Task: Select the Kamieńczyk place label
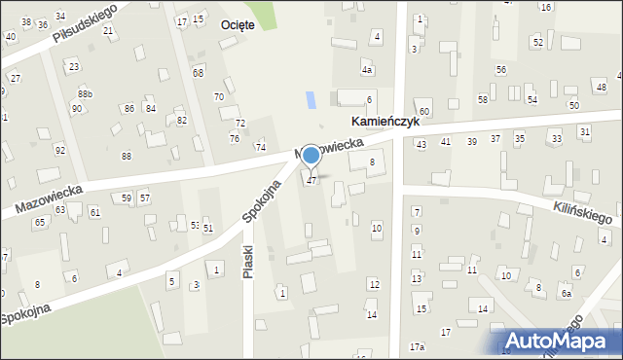385,123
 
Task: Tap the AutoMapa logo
562,341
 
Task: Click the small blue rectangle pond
311,99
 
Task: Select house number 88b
86,93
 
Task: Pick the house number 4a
367,70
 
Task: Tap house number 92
60,150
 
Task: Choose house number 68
199,73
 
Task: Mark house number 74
260,147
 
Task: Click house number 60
424,113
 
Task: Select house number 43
421,144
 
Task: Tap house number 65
40,223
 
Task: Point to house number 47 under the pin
311,181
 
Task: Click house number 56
500,70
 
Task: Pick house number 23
74,67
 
